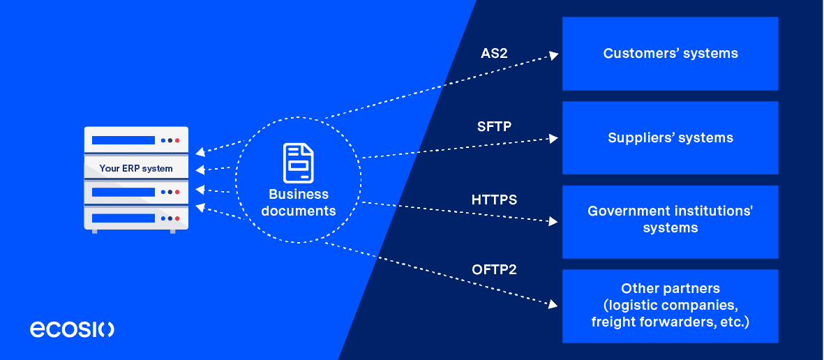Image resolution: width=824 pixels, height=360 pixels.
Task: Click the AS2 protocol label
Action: pos(494,53)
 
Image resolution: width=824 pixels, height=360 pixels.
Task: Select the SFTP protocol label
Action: pos(494,127)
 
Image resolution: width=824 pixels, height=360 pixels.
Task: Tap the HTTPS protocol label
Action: pos(494,200)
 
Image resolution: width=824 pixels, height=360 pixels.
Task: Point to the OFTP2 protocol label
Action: pos(494,269)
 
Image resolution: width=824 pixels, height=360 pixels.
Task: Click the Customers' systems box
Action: pos(670,54)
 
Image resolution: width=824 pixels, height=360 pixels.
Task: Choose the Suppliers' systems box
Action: pos(670,138)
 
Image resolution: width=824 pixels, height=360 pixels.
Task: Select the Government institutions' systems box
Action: pos(670,220)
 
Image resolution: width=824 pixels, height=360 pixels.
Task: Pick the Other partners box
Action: pos(670,306)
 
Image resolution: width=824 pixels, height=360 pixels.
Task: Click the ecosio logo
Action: pos(72,329)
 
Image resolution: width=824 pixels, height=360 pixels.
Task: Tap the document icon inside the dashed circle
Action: pos(298,163)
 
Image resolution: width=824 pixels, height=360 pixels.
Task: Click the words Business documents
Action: pos(299,202)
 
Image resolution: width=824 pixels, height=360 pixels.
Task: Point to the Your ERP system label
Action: pos(136,168)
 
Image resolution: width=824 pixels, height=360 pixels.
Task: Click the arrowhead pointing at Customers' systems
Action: pos(554,55)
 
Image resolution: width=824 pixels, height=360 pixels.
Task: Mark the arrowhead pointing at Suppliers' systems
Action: pos(554,138)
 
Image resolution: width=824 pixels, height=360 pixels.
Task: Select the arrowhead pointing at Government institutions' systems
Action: pos(554,222)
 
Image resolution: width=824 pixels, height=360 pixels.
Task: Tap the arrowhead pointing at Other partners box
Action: pos(554,304)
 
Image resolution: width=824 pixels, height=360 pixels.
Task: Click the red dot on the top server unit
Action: pos(177,140)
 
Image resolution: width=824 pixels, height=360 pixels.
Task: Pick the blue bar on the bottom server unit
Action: pos(123,218)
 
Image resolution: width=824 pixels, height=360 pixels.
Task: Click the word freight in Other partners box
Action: pos(613,322)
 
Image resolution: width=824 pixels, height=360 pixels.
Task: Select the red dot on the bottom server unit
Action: pos(177,218)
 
